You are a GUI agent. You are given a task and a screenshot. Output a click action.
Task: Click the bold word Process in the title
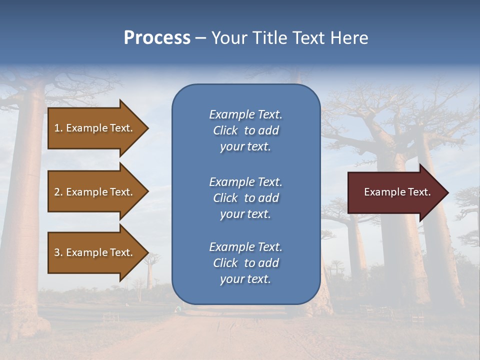[157, 38]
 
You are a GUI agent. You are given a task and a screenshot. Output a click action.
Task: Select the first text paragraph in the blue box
[245, 130]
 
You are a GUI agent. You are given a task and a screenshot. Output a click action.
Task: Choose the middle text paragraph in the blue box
[245, 198]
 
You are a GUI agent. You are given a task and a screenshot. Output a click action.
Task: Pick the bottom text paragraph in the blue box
[245, 263]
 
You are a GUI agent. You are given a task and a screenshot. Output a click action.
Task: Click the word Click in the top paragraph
[225, 130]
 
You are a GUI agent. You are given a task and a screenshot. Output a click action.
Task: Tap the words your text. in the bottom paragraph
[245, 279]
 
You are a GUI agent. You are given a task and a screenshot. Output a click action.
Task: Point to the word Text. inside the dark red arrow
[418, 192]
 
